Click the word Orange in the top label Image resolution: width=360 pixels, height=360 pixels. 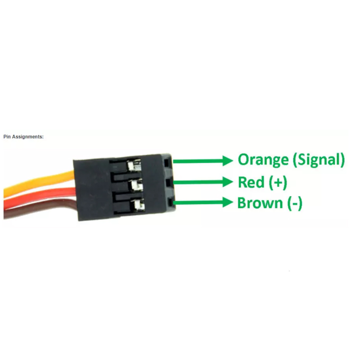(263, 160)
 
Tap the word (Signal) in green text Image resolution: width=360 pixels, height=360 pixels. (319, 160)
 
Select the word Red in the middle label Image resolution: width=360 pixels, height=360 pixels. (251, 182)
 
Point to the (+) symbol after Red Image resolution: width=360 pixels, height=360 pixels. (278, 183)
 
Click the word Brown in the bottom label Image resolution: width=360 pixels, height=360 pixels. (260, 203)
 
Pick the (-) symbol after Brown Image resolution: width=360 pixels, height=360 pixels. (295, 203)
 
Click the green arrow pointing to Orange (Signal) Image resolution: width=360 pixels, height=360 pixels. (203, 161)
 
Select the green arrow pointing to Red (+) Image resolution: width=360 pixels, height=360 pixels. (203, 182)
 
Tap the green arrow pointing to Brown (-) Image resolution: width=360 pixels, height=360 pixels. (203, 202)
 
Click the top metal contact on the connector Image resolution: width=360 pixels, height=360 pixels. (134, 165)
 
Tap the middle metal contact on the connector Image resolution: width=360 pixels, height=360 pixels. (136, 185)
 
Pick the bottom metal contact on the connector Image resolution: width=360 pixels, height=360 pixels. (138, 205)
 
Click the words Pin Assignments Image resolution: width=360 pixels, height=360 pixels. (23, 137)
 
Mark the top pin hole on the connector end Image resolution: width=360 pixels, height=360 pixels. (166, 162)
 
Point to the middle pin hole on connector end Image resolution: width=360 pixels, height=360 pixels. (167, 183)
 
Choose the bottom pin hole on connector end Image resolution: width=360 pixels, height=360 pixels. (170, 203)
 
